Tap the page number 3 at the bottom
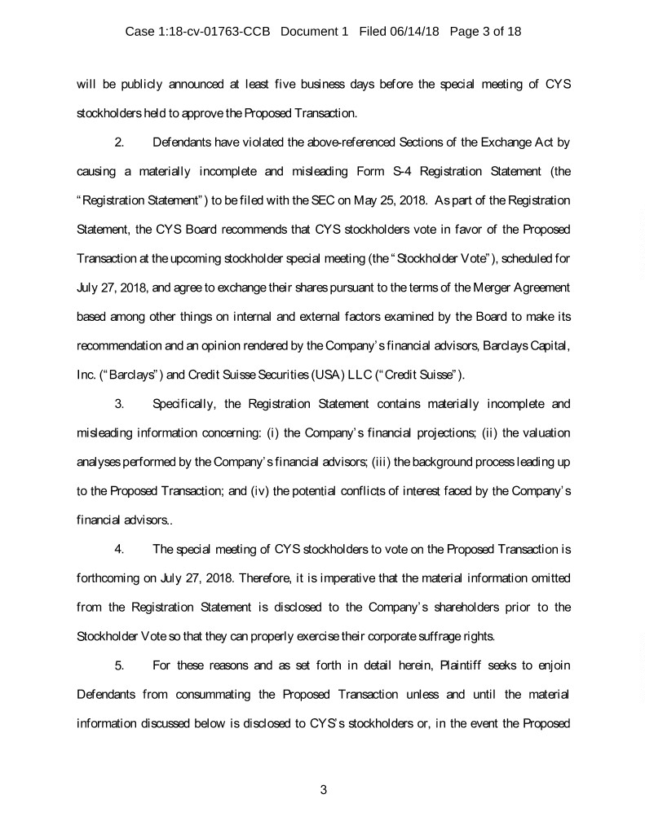323,788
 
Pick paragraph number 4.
119,549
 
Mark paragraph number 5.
119,669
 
